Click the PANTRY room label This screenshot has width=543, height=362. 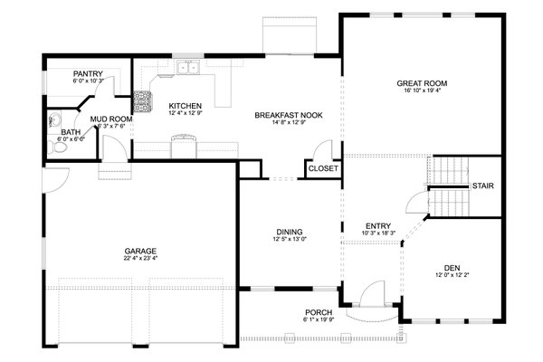point(88,73)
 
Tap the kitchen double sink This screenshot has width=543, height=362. point(188,68)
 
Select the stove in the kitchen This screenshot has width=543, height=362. point(142,101)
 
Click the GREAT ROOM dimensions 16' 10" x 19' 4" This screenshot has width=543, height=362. point(422,91)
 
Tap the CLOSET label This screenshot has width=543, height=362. point(323,168)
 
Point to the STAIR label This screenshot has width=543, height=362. point(482,186)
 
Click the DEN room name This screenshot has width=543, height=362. point(452,267)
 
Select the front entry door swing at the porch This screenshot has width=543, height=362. point(370,295)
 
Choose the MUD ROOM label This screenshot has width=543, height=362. point(111,119)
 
